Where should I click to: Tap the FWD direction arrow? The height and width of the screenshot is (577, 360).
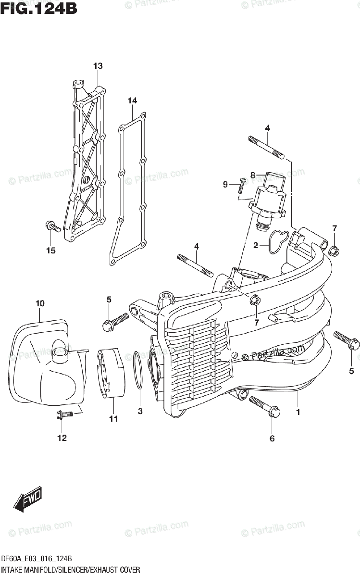28,500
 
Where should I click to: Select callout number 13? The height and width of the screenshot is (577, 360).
98,65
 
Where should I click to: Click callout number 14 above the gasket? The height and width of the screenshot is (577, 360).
132,100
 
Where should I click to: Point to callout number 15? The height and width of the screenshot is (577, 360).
51,250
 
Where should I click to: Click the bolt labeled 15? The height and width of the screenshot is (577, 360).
52,226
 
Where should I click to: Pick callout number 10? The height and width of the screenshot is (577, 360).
40,303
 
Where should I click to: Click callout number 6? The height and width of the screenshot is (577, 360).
272,438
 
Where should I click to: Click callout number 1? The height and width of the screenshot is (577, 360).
298,412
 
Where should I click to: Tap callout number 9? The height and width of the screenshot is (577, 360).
225,184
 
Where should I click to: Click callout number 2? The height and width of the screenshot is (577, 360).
256,246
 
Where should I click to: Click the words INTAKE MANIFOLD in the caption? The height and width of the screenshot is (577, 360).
31,570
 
